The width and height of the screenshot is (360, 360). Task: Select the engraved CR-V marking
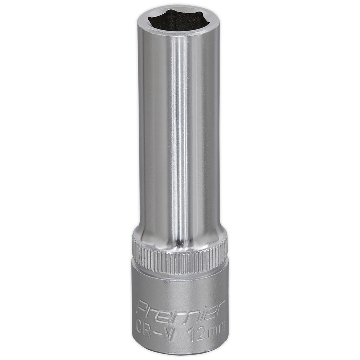pos(154,329)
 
